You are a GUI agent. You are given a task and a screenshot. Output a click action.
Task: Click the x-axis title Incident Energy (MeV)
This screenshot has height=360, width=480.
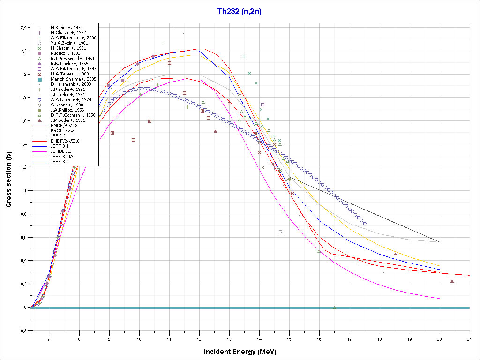pos(243,352)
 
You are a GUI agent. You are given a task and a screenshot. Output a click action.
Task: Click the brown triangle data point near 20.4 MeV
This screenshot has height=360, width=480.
pos(452,281)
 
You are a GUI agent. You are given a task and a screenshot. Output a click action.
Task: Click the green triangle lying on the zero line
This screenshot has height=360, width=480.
pos(334,307)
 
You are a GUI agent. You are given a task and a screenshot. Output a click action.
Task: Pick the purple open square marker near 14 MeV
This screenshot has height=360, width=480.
pos(262,105)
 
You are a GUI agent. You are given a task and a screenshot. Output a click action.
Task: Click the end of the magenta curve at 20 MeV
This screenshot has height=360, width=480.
pos(439,299)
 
